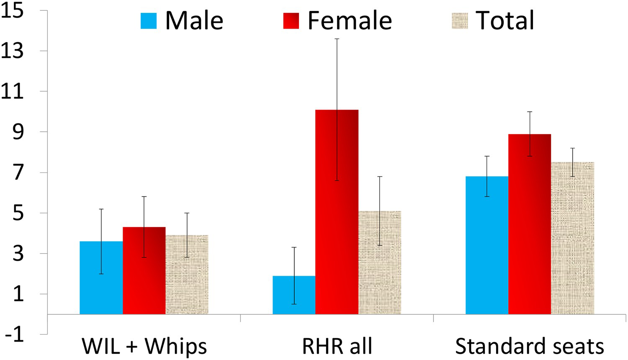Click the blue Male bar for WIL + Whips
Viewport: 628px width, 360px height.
click(101, 278)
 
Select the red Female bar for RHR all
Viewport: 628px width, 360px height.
click(337, 212)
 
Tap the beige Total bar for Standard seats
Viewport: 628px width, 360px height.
click(572, 238)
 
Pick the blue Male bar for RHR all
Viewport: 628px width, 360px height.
click(294, 295)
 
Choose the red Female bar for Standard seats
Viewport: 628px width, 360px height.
click(530, 224)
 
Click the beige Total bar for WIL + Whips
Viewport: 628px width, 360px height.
click(187, 275)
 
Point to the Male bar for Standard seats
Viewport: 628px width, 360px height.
click(487, 245)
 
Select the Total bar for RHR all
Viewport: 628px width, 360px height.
click(380, 262)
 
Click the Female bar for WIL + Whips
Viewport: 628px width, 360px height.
click(144, 270)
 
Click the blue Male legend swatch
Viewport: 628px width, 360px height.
click(149, 21)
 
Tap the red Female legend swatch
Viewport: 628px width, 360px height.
click(291, 21)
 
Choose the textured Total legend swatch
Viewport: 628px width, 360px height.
click(460, 21)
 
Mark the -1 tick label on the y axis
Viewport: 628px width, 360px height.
click(15, 334)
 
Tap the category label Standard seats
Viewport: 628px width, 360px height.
click(530, 346)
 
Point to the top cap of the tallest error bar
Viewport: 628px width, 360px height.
click(337, 39)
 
